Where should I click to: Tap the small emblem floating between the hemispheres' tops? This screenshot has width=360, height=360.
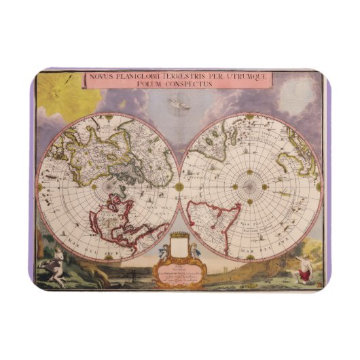pyautogui.click(x=179, y=104)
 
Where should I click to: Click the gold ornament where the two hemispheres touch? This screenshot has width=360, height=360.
pyautogui.click(x=179, y=186)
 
